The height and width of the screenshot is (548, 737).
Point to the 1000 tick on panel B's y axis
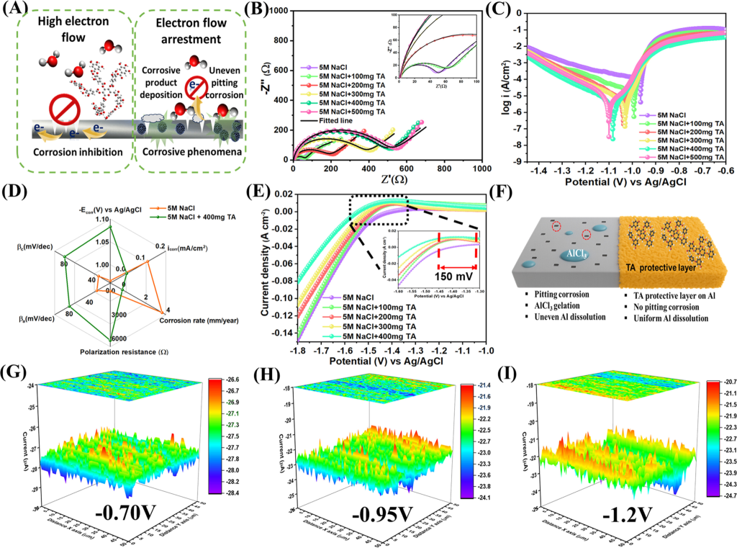tap(278, 12)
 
